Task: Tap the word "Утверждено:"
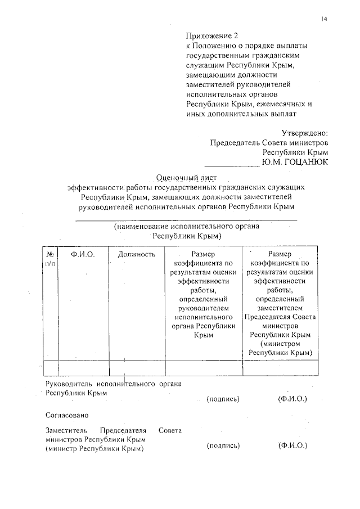pos(304,133)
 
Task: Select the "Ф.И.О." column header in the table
pos(83,254)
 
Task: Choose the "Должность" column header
pos(137,254)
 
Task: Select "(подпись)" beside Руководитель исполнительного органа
pos(224,399)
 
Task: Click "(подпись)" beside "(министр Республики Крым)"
pos(224,446)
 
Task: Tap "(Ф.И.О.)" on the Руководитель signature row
pos(292,399)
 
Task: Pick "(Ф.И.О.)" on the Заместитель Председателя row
pos(292,446)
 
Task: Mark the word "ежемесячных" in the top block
pos(280,104)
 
